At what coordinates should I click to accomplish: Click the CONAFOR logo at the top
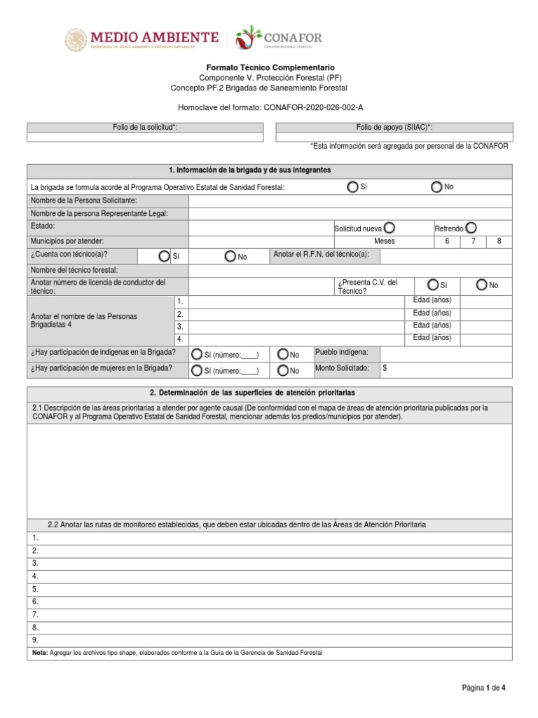coord(279,39)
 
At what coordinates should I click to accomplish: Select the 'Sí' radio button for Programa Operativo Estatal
coord(353,187)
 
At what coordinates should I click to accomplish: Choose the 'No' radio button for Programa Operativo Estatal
coord(436,187)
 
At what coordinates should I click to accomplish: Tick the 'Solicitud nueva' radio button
coord(389,228)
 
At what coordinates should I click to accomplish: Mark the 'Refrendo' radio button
coord(471,228)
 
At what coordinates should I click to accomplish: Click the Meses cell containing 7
coord(473,241)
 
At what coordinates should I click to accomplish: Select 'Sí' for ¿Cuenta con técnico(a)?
coord(164,257)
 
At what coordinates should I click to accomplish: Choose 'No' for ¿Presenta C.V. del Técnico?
coord(481,285)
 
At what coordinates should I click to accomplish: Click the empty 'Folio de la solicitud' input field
coord(145,137)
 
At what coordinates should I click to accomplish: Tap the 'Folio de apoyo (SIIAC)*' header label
coord(394,127)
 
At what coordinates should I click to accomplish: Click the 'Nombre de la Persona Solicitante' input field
coord(350,201)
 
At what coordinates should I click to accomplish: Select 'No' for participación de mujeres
coord(283,370)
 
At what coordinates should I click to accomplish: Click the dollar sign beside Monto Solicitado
coord(385,367)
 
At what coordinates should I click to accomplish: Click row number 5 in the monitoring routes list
coord(35,589)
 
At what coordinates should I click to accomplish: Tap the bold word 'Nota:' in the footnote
coord(39,653)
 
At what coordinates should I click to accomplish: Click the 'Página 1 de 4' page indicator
coord(483,689)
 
